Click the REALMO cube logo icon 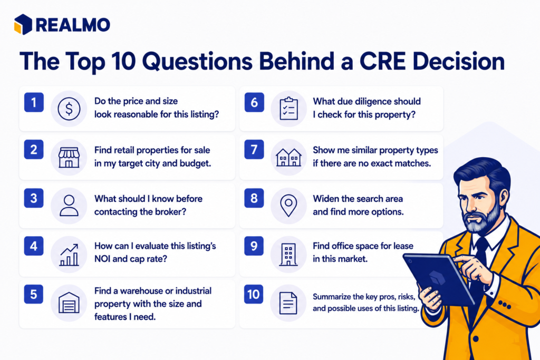[x=23, y=24]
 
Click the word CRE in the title [x=383, y=62]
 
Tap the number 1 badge [x=34, y=102]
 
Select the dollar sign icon [x=69, y=109]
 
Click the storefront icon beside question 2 [x=69, y=157]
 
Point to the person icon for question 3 [x=69, y=206]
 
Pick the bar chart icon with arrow [x=69, y=255]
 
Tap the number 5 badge [x=33, y=294]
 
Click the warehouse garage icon [x=69, y=303]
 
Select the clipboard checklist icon [x=288, y=109]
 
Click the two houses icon [x=288, y=158]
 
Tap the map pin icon [x=288, y=206]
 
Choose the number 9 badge [x=254, y=246]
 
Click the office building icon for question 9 [x=288, y=255]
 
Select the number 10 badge [x=254, y=294]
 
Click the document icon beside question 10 [x=288, y=303]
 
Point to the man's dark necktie [x=479, y=261]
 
